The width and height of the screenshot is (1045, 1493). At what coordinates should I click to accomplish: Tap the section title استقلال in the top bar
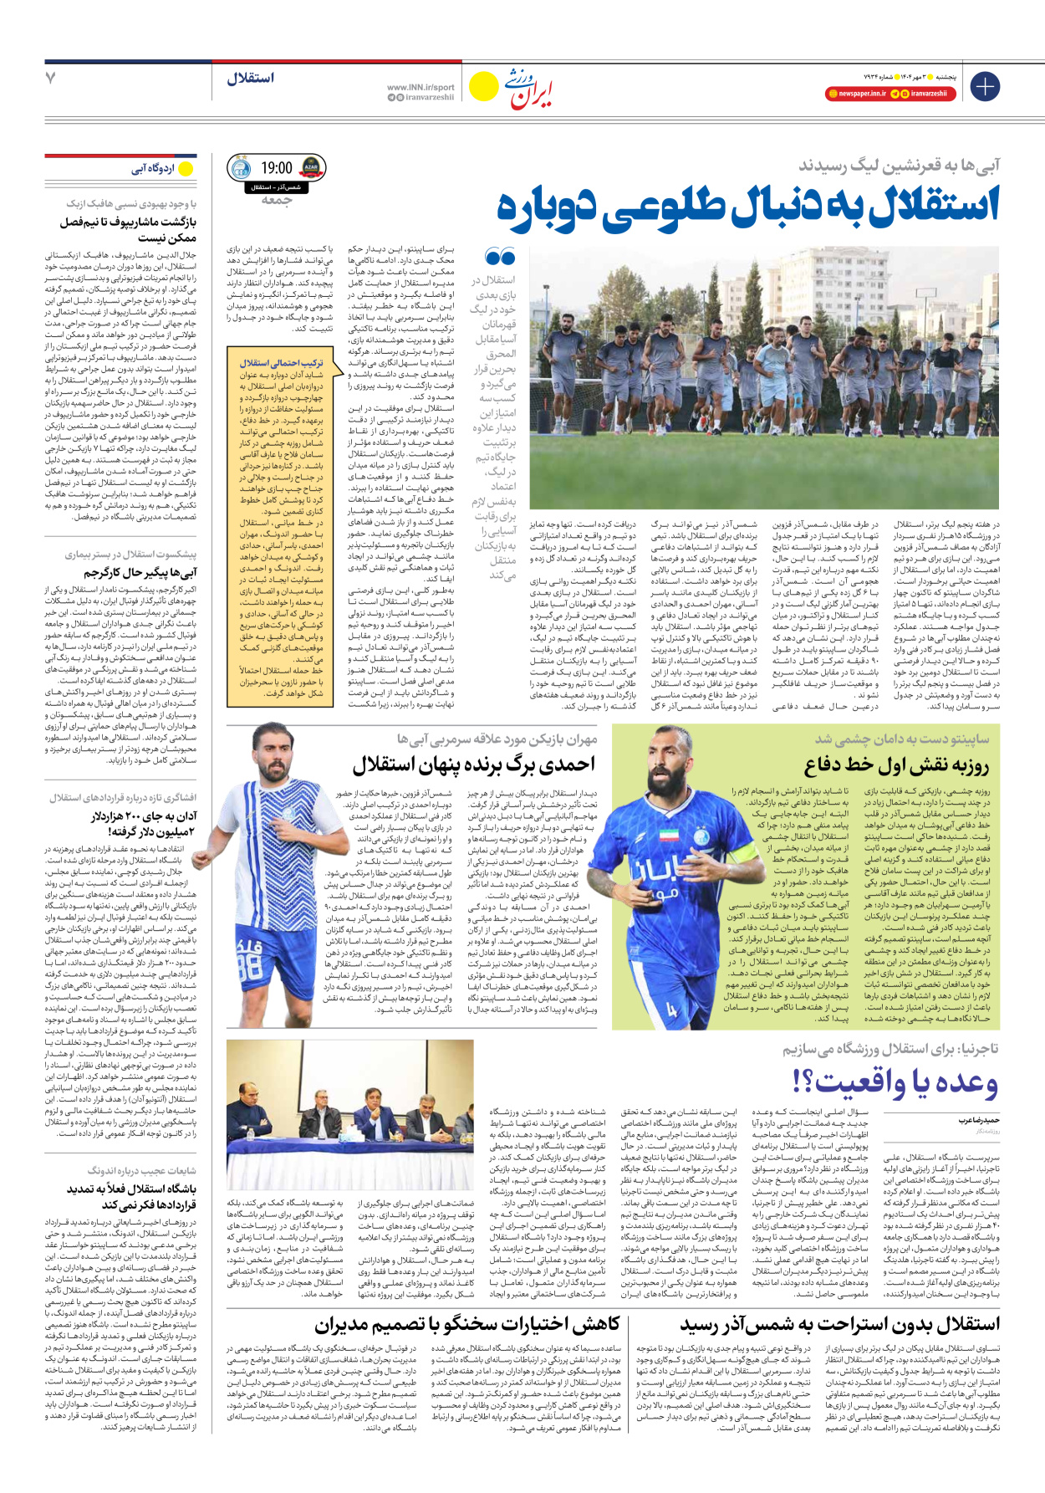tap(250, 78)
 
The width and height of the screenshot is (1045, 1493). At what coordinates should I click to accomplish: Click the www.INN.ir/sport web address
tap(421, 87)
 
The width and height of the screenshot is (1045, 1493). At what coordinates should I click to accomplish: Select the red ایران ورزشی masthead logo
tap(531, 86)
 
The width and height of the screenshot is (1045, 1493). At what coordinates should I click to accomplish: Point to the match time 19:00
tap(277, 168)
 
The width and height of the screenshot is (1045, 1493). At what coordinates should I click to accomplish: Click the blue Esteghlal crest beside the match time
tap(240, 168)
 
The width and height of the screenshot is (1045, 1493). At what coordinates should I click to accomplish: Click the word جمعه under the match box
tap(277, 200)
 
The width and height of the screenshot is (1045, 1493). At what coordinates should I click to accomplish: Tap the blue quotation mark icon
tap(500, 256)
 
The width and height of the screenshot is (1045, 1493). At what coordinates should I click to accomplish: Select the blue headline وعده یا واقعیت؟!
tap(895, 1082)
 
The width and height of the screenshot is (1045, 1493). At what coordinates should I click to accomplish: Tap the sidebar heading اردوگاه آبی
tap(153, 169)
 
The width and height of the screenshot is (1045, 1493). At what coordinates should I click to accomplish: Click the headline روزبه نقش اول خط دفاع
tap(896, 765)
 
